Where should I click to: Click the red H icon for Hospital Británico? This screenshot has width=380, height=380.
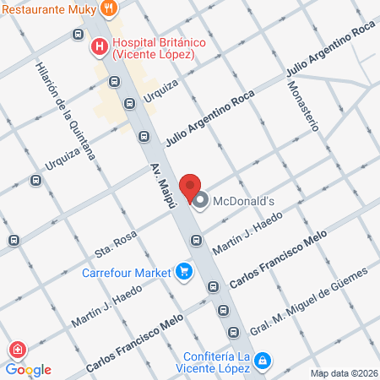pos(100,46)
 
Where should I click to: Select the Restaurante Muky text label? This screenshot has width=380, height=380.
pos(46,8)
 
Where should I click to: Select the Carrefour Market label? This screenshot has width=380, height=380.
pos(126,272)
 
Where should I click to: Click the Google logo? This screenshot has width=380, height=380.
pos(29,369)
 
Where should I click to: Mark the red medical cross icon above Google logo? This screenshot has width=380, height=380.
pos(16,350)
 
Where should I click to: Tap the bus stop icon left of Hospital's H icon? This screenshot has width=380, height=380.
pos(79,35)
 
